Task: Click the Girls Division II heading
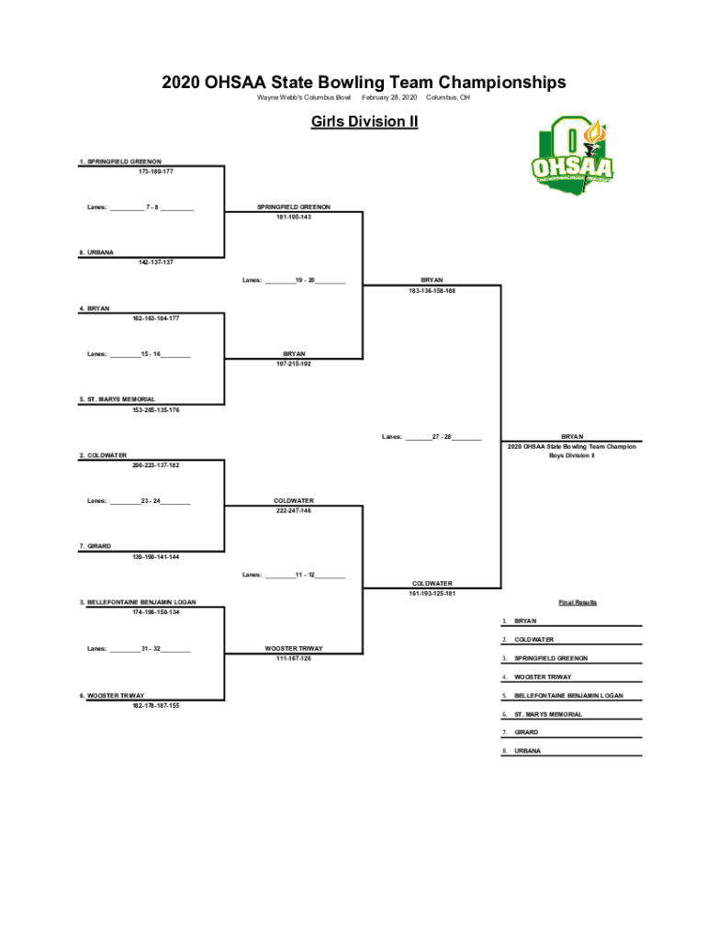[x=365, y=121]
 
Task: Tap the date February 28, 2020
[x=389, y=97]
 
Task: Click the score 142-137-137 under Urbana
[x=156, y=262]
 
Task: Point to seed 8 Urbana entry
[x=95, y=252]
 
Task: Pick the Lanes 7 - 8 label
[x=140, y=207]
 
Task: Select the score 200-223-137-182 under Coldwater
[x=156, y=465]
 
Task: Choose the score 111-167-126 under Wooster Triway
[x=294, y=658]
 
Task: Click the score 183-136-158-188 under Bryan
[x=432, y=291]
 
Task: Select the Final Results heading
[x=578, y=602]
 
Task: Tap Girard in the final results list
[x=527, y=733]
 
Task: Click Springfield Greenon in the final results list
[x=551, y=658]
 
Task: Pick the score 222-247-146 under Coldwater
[x=294, y=510]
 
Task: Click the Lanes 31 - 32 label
[x=140, y=649]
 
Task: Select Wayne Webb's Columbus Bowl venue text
[x=304, y=97]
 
